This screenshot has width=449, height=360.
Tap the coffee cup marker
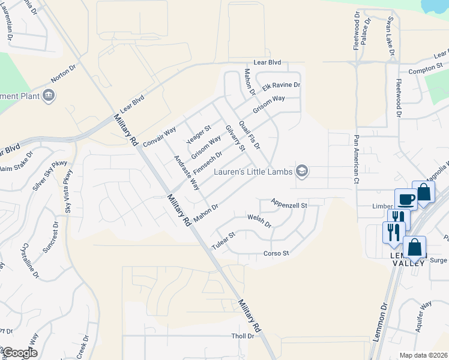point(406,199)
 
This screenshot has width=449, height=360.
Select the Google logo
point(19,353)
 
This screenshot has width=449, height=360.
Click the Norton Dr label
point(65,74)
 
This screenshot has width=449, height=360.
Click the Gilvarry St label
point(235,138)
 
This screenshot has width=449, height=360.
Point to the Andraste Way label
point(186,173)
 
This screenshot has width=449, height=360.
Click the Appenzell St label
point(289,205)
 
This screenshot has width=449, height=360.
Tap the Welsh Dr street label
point(259,221)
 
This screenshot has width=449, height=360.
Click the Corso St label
point(276,253)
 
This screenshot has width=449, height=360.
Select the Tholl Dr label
point(243,337)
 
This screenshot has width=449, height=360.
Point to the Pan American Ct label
point(356,159)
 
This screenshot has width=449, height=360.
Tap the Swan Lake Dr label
point(391,37)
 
